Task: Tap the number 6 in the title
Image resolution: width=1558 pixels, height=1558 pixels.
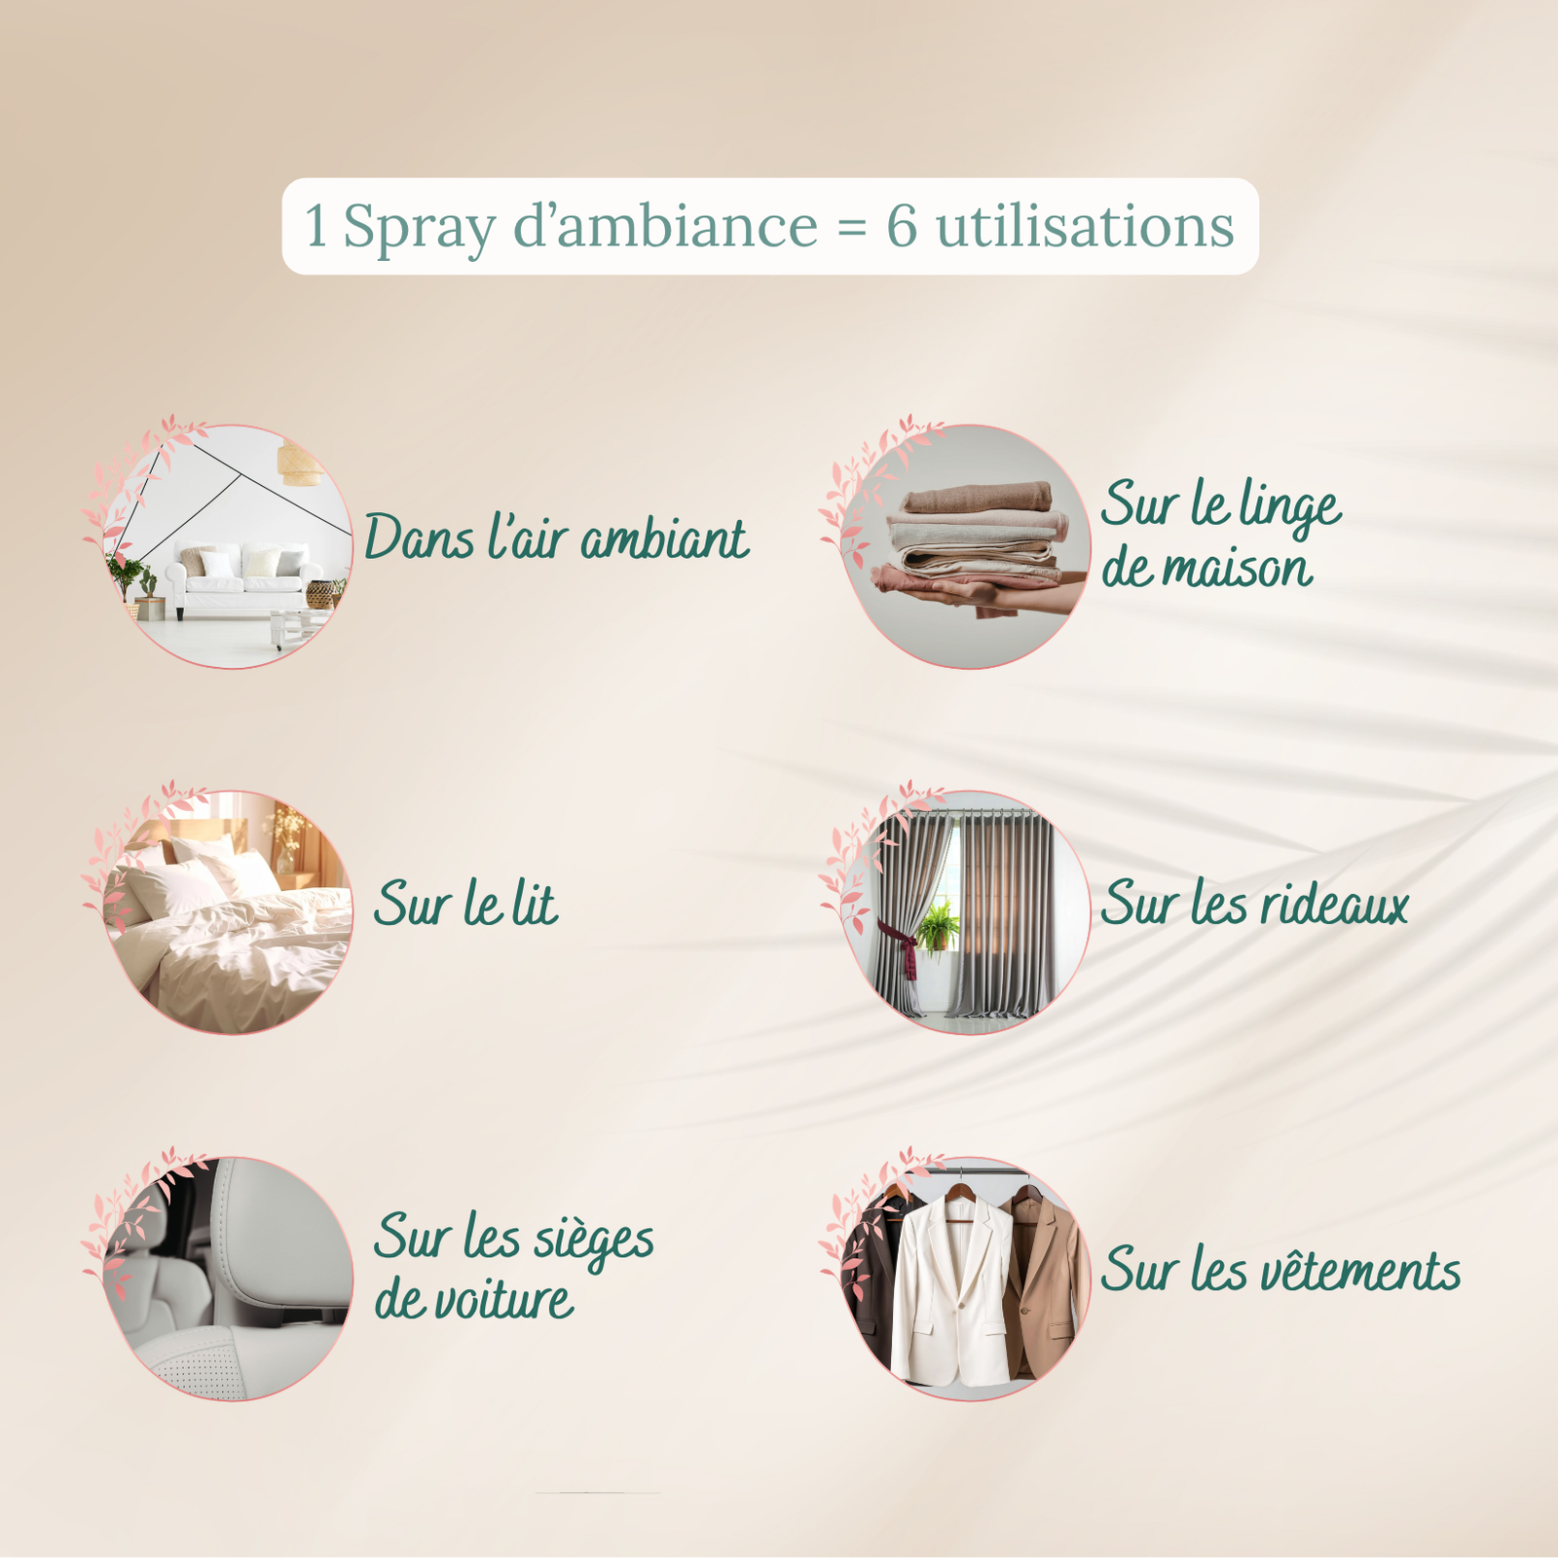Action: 901,226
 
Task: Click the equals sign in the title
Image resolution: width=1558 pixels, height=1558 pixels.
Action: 851,229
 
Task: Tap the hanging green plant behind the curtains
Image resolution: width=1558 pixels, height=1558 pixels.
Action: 938,925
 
